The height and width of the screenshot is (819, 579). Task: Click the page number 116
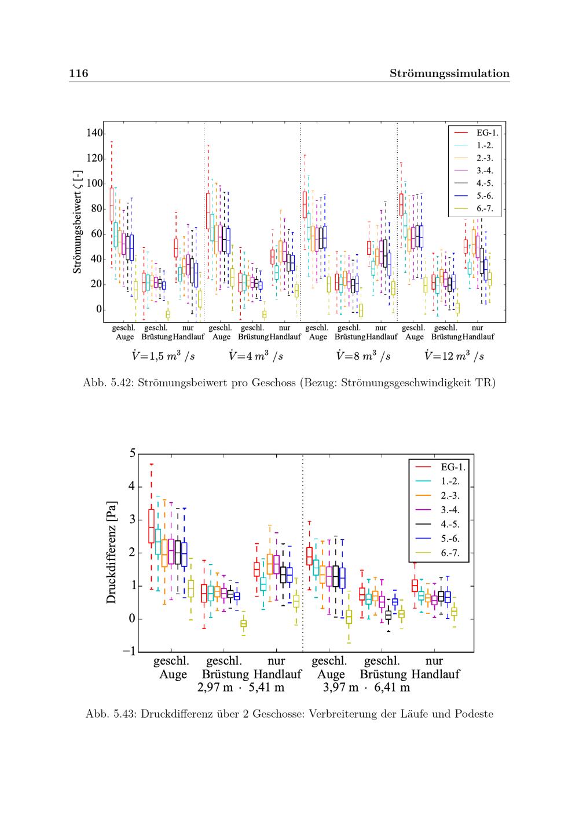pos(79,73)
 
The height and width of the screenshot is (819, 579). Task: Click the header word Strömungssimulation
pos(449,74)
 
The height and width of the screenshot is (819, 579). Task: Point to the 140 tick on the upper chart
pos(94,133)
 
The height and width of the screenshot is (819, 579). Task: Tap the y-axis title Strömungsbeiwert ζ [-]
pos(77,222)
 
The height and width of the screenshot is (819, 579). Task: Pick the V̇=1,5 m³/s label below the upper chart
pos(163,356)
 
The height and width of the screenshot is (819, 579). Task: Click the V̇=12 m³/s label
pos(454,356)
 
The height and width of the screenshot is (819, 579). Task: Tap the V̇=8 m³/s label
pos(364,356)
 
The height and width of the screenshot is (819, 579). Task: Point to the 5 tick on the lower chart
pos(133,454)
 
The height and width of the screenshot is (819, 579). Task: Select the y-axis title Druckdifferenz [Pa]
pos(111,553)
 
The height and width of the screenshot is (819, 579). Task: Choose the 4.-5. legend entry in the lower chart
pos(437,524)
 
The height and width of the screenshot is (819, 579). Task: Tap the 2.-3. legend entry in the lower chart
pos(437,495)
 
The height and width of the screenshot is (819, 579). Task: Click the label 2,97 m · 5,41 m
pos(241,688)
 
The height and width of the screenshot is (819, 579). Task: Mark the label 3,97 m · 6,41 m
pos(367,688)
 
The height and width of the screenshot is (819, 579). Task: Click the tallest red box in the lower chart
pos(151,526)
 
